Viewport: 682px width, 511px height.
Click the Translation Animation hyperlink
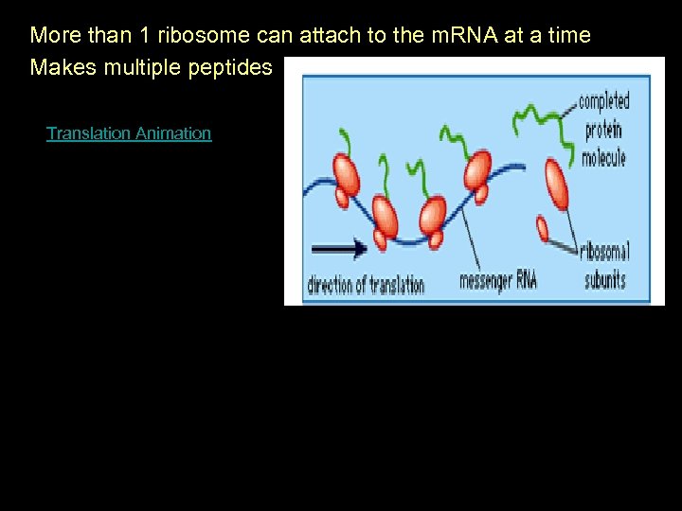[129, 133]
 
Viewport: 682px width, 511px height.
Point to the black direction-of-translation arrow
[339, 250]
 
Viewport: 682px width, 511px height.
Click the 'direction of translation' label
[366, 284]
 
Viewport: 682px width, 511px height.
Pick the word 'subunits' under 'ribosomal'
[604, 279]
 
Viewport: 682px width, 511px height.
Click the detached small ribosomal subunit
[543, 229]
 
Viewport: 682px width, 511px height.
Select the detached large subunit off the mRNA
[556, 184]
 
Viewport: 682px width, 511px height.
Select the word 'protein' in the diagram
[602, 131]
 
